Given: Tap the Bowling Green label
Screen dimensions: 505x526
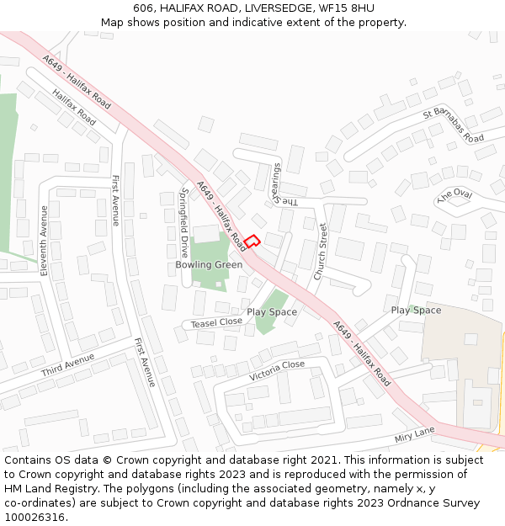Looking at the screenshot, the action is pyautogui.click(x=209, y=265).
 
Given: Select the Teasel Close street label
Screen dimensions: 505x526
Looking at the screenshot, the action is pyautogui.click(x=216, y=322).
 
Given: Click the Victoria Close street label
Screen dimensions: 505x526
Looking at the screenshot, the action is pyautogui.click(x=277, y=370).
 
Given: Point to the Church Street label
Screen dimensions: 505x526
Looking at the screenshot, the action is pyautogui.click(x=320, y=252).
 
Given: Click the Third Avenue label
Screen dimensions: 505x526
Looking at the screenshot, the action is pyautogui.click(x=67, y=365).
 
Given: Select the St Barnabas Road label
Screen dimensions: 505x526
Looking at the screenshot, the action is pyautogui.click(x=454, y=125).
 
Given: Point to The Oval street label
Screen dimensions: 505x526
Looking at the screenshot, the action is pyautogui.click(x=455, y=195).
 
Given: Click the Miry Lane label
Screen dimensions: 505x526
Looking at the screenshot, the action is pyautogui.click(x=414, y=435).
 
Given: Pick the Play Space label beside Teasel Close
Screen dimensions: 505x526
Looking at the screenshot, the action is pyautogui.click(x=272, y=312).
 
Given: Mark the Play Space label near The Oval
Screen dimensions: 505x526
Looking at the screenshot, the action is pyautogui.click(x=416, y=311).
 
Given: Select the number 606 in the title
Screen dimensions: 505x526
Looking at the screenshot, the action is pyautogui.click(x=142, y=8).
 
